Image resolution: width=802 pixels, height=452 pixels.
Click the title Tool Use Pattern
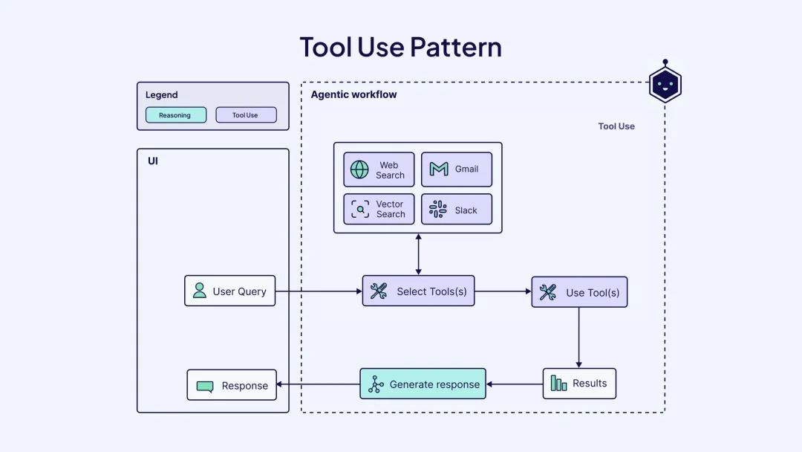pyautogui.click(x=400, y=47)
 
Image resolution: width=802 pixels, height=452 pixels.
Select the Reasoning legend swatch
pyautogui.click(x=175, y=115)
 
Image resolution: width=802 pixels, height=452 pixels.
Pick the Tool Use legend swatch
pyautogui.click(x=246, y=115)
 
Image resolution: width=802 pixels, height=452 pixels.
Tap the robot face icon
pyautogui.click(x=665, y=85)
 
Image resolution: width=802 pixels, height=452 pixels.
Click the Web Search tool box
pyautogui.click(x=379, y=169)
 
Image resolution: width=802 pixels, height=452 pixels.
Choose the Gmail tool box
pyautogui.click(x=457, y=169)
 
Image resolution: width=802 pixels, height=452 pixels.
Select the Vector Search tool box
pyautogui.click(x=379, y=209)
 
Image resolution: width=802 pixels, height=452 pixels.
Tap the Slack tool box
pyautogui.click(x=457, y=209)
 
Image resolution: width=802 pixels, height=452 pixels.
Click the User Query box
pyautogui.click(x=229, y=291)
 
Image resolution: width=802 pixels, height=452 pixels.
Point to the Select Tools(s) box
pyautogui.click(x=418, y=291)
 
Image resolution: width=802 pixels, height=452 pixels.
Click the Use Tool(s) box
pyautogui.click(x=579, y=292)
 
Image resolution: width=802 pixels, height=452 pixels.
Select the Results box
pyautogui.click(x=579, y=384)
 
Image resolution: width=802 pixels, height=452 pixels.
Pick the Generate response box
pyautogui.click(x=423, y=384)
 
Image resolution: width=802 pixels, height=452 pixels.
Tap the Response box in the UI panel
pyautogui.click(x=232, y=385)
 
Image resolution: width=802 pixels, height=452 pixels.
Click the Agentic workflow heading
pyautogui.click(x=353, y=94)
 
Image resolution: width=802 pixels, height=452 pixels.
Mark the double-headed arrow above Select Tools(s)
pyautogui.click(x=418, y=254)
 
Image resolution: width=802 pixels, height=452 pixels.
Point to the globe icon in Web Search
pyautogui.click(x=359, y=169)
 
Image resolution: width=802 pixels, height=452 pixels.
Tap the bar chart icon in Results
pyautogui.click(x=558, y=383)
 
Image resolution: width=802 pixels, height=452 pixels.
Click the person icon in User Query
pyautogui.click(x=200, y=291)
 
